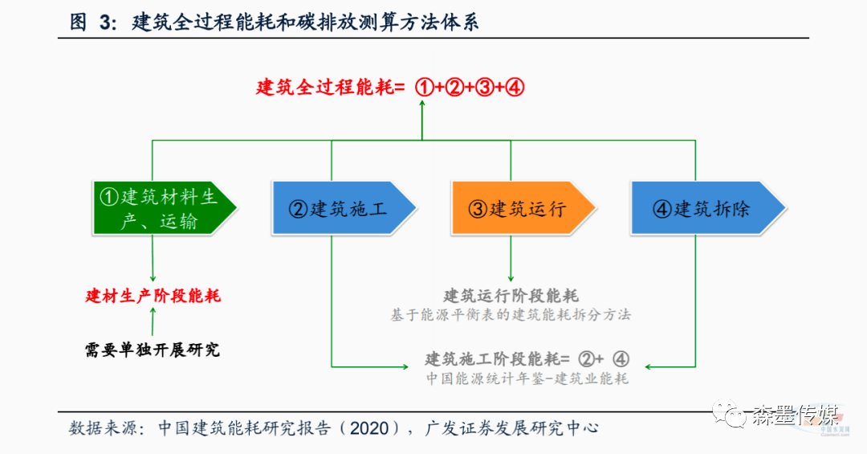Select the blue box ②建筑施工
[344, 208]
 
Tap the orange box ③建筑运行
[523, 208]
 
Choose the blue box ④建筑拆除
[708, 208]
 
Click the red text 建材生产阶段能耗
[153, 296]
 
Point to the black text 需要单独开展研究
[152, 350]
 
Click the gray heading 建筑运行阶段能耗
[511, 295]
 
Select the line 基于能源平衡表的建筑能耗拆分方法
[511, 314]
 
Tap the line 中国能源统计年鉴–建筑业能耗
[527, 378]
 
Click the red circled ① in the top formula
[425, 88]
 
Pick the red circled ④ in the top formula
[515, 88]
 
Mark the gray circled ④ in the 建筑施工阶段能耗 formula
[621, 359]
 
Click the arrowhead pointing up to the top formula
[422, 104]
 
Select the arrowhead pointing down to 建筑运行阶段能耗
[511, 279]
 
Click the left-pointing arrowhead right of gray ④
[648, 366]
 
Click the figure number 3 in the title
[105, 22]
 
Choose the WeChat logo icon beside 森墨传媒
[729, 414]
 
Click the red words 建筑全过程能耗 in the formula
[325, 88]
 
